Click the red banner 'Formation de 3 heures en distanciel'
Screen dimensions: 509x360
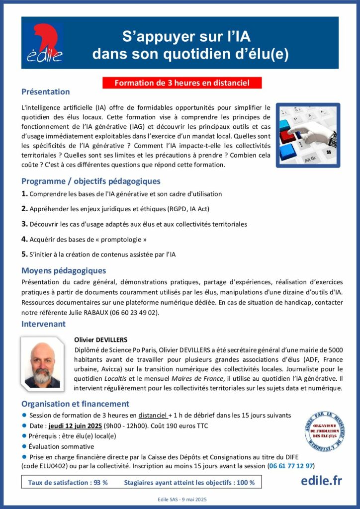click(182, 83)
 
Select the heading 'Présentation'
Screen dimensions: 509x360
click(45, 92)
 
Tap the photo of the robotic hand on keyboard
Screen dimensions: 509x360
click(308, 135)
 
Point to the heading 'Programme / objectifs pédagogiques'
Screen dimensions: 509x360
click(90, 181)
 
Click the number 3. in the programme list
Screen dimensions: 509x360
click(24, 224)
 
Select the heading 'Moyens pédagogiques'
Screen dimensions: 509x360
click(64, 271)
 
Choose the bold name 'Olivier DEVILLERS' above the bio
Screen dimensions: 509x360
click(100, 340)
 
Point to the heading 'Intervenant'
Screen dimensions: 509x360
click(43, 324)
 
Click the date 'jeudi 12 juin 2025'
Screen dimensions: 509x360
click(76, 426)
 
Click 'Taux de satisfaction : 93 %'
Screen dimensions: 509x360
click(68, 483)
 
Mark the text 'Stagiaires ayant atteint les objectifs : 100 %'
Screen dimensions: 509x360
click(189, 483)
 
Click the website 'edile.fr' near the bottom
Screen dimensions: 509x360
click(321, 481)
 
